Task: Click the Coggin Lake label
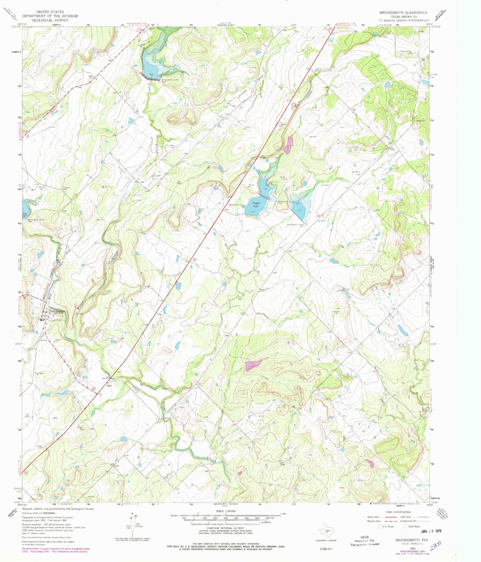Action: (256, 204)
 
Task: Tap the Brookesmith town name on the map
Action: (58, 312)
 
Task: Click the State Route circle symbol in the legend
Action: (405, 526)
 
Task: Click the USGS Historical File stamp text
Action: (365, 540)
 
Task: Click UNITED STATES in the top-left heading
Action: (50, 12)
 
